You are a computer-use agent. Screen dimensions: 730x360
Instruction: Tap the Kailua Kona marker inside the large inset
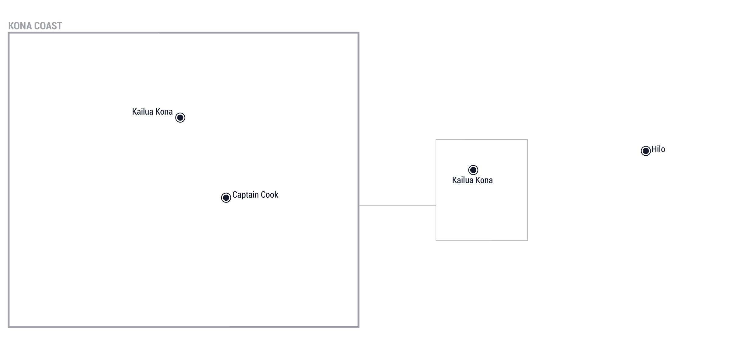(180, 117)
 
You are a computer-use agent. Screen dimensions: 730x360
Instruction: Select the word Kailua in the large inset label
(142, 112)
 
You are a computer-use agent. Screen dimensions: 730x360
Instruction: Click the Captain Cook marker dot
(226, 198)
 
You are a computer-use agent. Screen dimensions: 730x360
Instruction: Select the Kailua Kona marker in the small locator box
(473, 170)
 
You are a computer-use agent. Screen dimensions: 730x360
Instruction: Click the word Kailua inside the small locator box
(462, 180)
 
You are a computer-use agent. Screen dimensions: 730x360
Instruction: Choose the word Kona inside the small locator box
(484, 180)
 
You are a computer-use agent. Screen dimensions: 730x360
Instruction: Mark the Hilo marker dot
(646, 151)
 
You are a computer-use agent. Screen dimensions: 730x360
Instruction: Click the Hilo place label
(658, 149)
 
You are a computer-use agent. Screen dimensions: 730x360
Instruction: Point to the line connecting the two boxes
(397, 205)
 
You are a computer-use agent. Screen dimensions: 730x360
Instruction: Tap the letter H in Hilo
(654, 149)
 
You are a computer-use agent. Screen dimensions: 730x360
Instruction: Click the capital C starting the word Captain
(235, 195)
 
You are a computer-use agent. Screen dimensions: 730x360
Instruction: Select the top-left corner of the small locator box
(436, 140)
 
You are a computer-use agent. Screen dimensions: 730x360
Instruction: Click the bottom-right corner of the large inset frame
(359, 327)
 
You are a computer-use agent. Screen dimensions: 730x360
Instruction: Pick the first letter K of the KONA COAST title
(11, 26)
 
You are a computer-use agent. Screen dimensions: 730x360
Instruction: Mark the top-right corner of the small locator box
(527, 140)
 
